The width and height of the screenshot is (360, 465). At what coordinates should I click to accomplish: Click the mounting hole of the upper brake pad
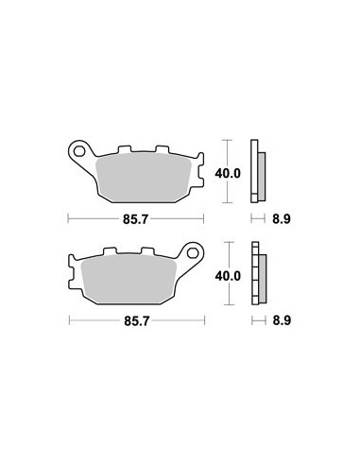(79, 152)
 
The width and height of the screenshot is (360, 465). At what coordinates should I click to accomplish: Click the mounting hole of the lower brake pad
(192, 253)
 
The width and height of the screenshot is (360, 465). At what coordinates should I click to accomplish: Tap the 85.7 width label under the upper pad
(135, 219)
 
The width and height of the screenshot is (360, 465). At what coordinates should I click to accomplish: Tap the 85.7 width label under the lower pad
(136, 321)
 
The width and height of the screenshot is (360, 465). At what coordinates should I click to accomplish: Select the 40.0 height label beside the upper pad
(228, 173)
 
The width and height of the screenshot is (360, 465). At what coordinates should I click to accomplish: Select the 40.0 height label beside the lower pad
(228, 276)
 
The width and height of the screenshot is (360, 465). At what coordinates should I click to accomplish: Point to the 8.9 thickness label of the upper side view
(282, 219)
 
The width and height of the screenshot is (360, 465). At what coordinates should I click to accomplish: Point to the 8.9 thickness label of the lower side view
(282, 321)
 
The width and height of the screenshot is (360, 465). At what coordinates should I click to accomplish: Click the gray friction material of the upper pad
(143, 178)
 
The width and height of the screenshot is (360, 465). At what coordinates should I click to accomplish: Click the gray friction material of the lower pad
(129, 280)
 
